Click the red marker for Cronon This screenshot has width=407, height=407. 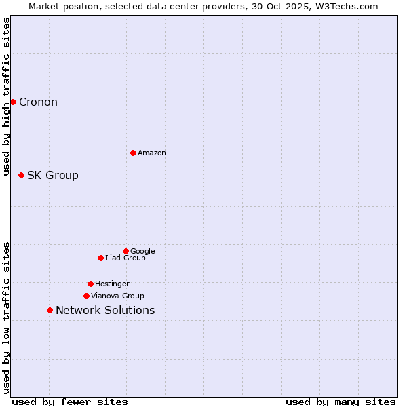click(13, 102)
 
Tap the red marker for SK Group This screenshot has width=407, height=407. click(21, 175)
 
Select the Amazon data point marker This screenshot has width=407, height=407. click(133, 153)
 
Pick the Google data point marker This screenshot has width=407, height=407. click(125, 251)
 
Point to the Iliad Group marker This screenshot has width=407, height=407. click(100, 258)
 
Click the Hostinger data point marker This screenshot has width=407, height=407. click(90, 284)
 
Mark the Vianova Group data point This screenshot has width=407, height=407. click(86, 296)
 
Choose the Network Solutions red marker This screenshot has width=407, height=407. click(50, 310)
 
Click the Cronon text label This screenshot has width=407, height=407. click(38, 102)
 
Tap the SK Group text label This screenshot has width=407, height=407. click(53, 176)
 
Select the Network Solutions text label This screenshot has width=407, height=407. click(105, 311)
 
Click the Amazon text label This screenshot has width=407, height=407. click(152, 153)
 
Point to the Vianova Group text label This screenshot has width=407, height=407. click(117, 296)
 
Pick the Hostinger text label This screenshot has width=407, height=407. click(112, 284)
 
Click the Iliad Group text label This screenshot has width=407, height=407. click(125, 258)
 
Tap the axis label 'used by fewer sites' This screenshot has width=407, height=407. click(70, 402)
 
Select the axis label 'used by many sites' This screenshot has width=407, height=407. click(341, 402)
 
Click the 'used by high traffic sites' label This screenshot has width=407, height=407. click(7, 97)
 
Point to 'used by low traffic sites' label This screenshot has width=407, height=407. click(7, 317)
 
